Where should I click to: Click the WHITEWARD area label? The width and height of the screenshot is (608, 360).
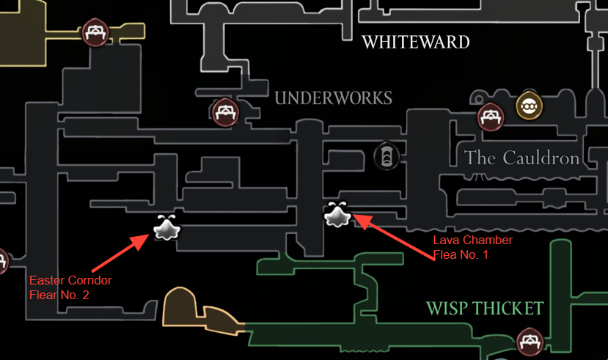tap(416, 43)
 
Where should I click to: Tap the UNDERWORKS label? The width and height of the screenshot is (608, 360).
tap(334, 98)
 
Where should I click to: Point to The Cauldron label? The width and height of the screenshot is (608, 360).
tap(521, 158)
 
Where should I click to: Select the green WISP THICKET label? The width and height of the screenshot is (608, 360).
tap(486, 308)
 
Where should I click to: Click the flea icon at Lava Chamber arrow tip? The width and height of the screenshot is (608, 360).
tap(337, 216)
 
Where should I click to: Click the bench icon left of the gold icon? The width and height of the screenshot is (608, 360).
tap(490, 116)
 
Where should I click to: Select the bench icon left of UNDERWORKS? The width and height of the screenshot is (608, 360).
tap(225, 113)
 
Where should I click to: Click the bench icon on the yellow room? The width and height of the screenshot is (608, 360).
tap(94, 32)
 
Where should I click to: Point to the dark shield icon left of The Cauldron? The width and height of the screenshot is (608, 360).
tap(386, 155)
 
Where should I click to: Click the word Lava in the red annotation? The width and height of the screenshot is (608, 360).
tap(444, 240)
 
